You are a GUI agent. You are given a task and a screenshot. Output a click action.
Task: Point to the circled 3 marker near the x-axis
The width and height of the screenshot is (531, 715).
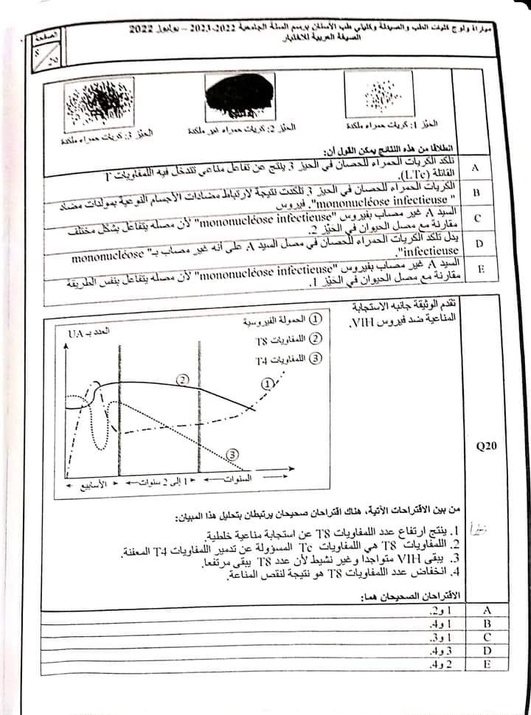click(x=233, y=455)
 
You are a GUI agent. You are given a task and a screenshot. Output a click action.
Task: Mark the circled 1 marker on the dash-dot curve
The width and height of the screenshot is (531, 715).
click(x=266, y=382)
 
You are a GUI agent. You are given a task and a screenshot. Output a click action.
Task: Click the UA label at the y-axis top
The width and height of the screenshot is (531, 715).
click(x=77, y=333)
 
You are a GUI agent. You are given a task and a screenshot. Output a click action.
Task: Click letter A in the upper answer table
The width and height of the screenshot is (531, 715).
click(x=475, y=168)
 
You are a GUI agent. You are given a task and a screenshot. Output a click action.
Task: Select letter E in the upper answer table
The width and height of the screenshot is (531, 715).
click(x=480, y=269)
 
